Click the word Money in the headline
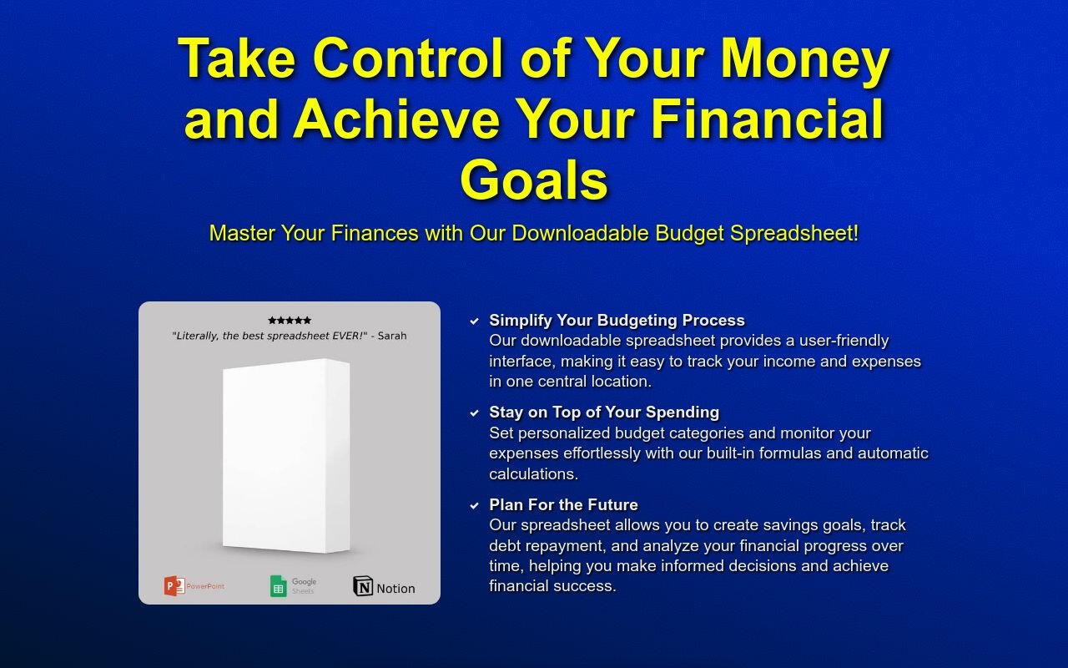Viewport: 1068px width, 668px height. pyautogui.click(x=805, y=59)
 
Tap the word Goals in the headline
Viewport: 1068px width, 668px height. pyautogui.click(x=533, y=180)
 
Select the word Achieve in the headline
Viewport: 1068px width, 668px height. pyautogui.click(x=396, y=119)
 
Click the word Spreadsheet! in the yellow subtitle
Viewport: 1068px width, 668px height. pyautogui.click(x=794, y=233)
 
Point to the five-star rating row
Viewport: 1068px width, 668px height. pyautogui.click(x=290, y=320)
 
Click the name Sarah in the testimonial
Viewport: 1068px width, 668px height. pyautogui.click(x=392, y=336)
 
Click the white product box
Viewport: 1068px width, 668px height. pyautogui.click(x=286, y=456)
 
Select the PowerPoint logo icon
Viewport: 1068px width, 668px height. pyautogui.click(x=174, y=586)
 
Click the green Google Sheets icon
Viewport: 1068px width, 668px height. pyautogui.click(x=279, y=586)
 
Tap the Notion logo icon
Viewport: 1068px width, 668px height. pyautogui.click(x=363, y=586)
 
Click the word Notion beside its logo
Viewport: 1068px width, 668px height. pyautogui.click(x=395, y=589)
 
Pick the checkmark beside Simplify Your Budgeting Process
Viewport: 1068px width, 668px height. pyautogui.click(x=475, y=321)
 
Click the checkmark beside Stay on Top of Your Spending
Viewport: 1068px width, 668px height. pyautogui.click(x=475, y=412)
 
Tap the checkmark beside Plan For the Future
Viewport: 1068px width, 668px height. pyautogui.click(x=475, y=505)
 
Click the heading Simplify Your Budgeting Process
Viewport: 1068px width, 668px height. pyautogui.click(x=617, y=320)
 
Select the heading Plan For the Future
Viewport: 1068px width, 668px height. pyautogui.click(x=563, y=504)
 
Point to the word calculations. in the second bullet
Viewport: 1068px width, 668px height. pyautogui.click(x=533, y=473)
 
